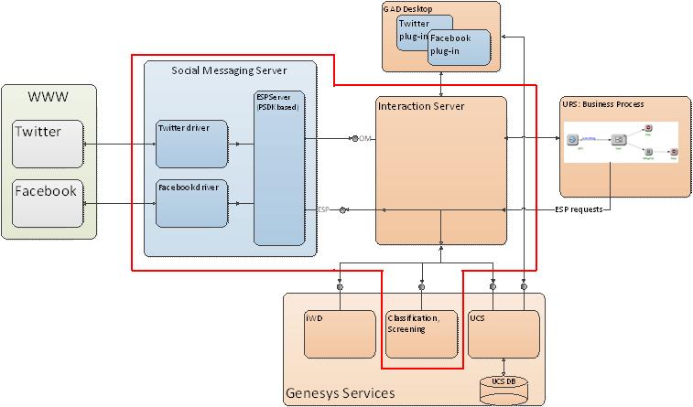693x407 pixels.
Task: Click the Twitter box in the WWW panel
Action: coord(48,144)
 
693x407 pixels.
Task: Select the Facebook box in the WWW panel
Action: coord(48,203)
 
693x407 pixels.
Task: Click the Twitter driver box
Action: coord(190,145)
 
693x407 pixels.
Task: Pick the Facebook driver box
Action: coord(190,203)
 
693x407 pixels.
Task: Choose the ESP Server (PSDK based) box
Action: coord(278,167)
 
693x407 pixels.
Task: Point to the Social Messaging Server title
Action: coord(229,70)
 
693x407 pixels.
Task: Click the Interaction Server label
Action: coord(421,107)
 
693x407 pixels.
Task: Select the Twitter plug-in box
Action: coord(424,29)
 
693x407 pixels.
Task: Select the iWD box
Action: coord(340,333)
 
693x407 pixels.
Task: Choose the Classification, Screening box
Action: coord(420,333)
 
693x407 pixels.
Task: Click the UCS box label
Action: coord(477,316)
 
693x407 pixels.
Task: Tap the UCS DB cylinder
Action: coord(504,385)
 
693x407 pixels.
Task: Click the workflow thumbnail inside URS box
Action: coord(621,142)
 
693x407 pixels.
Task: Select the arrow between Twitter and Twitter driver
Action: coord(119,144)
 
